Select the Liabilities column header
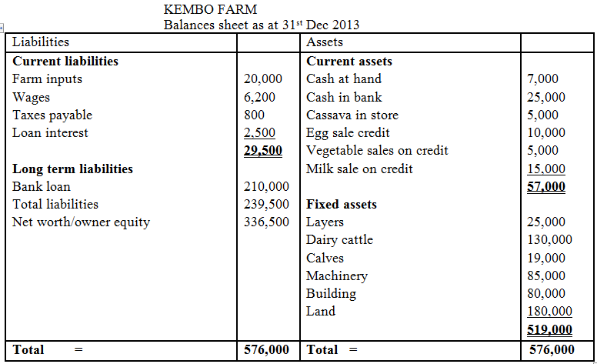(x=41, y=42)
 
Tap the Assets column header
(x=325, y=42)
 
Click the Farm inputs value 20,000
(x=262, y=78)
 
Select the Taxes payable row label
(x=52, y=115)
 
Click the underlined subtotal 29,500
(x=262, y=151)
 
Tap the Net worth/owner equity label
(x=82, y=222)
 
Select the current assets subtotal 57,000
(x=545, y=187)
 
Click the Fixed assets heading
(x=342, y=205)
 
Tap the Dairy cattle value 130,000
(x=549, y=240)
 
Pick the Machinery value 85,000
(x=545, y=276)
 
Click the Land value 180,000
(x=549, y=312)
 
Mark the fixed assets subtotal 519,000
(x=549, y=330)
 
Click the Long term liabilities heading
(x=73, y=169)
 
